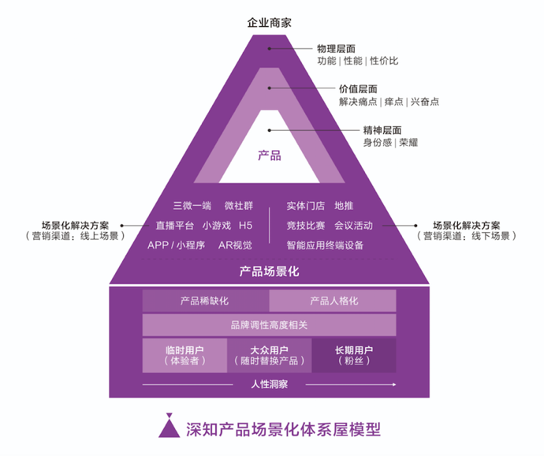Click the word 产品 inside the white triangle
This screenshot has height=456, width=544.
coord(270,155)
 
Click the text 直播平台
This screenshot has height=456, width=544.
coord(174,226)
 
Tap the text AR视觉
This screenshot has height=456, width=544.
coord(235,245)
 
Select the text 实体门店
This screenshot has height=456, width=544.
coord(306,206)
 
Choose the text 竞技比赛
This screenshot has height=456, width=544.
coord(306,226)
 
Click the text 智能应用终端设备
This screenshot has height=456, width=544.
coord(325,245)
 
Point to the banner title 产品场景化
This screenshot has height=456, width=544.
coord(270,271)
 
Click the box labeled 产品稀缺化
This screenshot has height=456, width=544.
coord(205,301)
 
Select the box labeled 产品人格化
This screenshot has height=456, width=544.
coord(333,301)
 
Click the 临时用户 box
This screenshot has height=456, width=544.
coord(184,356)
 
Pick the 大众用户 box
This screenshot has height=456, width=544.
coord(269,356)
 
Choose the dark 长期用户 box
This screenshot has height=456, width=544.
coord(354,356)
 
